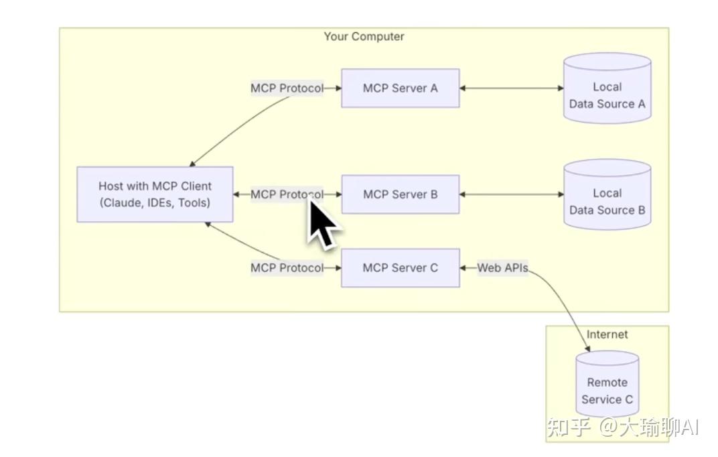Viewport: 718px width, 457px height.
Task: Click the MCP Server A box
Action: click(401, 88)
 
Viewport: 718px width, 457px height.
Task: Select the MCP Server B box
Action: click(401, 194)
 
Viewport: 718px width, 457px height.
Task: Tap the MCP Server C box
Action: click(401, 268)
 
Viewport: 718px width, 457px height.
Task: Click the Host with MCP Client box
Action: click(155, 194)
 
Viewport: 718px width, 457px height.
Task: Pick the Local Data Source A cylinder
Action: click(607, 88)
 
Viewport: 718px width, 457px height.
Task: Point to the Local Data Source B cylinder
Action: click(607, 194)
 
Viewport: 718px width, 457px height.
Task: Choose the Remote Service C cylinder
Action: click(607, 384)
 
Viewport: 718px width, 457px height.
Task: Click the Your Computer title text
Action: click(364, 37)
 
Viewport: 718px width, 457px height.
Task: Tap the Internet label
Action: click(607, 334)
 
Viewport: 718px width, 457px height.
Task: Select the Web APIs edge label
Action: click(502, 268)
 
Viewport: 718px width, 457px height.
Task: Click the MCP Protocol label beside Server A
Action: click(287, 88)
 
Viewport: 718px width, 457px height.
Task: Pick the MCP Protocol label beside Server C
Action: click(287, 268)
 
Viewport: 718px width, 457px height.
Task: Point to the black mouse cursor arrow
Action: click(322, 223)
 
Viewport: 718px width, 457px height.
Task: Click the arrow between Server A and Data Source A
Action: click(512, 88)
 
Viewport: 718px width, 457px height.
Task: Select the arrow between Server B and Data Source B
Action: click(512, 194)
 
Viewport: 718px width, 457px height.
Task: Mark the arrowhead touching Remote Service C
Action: click(587, 349)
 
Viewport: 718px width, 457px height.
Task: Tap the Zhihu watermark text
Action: click(623, 428)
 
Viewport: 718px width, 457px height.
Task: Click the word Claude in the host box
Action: click(121, 203)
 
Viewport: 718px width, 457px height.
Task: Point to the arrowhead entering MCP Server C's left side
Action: click(338, 268)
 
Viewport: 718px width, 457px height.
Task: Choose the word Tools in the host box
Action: click(194, 203)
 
